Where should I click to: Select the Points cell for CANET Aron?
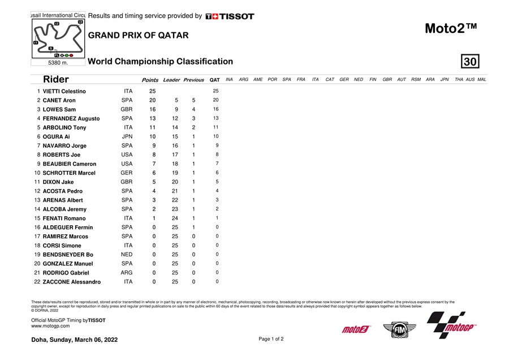point(152,100)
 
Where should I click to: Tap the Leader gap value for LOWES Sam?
point(176,109)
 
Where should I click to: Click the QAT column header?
point(214,80)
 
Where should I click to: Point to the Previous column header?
point(193,80)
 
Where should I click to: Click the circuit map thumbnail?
point(57,38)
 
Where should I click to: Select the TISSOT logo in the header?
point(230,16)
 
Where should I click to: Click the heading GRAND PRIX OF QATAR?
point(138,35)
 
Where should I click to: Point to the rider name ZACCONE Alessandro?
point(71,281)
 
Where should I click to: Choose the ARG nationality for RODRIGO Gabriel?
point(128,272)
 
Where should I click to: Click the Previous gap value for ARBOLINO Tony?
point(193,127)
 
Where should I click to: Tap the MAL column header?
point(481,80)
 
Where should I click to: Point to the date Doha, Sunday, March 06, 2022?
point(74,340)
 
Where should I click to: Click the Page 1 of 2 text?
point(271,339)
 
